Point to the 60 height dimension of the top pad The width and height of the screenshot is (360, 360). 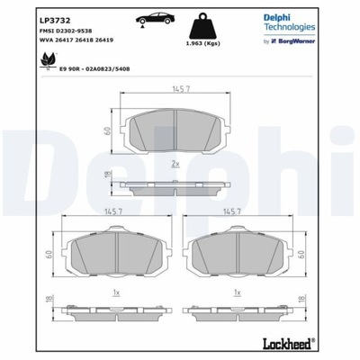105,130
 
